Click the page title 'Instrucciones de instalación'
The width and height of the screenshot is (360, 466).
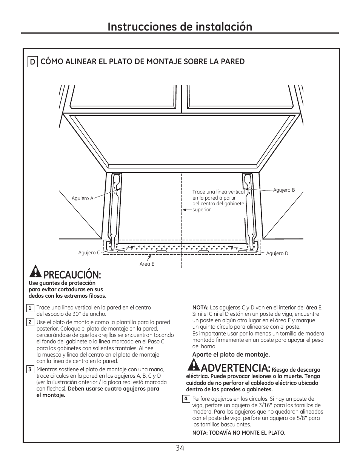(x=180, y=26)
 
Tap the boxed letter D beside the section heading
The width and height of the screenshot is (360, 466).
(x=33, y=62)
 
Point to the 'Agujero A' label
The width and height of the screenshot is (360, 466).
(x=82, y=198)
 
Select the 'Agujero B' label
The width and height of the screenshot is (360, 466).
(x=284, y=190)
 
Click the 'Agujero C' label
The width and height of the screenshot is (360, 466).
(x=89, y=252)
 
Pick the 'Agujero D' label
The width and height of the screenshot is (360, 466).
(x=277, y=254)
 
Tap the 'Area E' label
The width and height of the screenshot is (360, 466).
(x=147, y=264)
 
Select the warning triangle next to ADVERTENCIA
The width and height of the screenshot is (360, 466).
(x=194, y=365)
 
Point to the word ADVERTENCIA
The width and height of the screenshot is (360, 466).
(x=236, y=368)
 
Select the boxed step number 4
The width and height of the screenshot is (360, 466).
(x=186, y=399)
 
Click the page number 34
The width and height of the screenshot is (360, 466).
(x=180, y=448)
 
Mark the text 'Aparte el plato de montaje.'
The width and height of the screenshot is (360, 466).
(x=231, y=355)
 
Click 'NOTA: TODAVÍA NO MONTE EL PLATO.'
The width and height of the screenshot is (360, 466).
(x=238, y=433)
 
